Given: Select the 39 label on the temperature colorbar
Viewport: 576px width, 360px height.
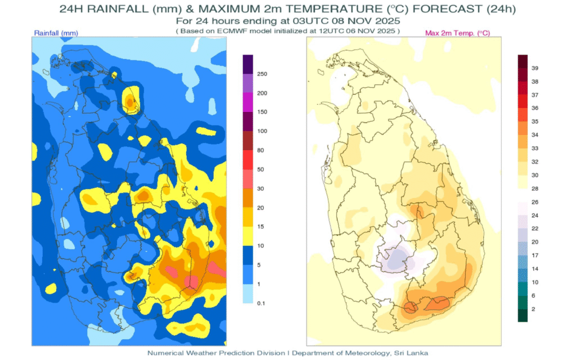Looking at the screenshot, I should tap(535, 68).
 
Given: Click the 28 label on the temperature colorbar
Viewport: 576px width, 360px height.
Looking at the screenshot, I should tap(535, 188).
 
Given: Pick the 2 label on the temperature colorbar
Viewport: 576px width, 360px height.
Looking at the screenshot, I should tap(533, 309).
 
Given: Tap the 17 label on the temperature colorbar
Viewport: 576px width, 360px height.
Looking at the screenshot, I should tap(535, 255).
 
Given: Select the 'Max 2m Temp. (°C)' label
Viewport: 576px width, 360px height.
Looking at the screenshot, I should tap(457, 33).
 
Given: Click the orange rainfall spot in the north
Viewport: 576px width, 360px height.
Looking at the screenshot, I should tap(130, 102).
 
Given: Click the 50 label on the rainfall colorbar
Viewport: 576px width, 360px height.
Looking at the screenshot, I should tap(261, 169).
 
